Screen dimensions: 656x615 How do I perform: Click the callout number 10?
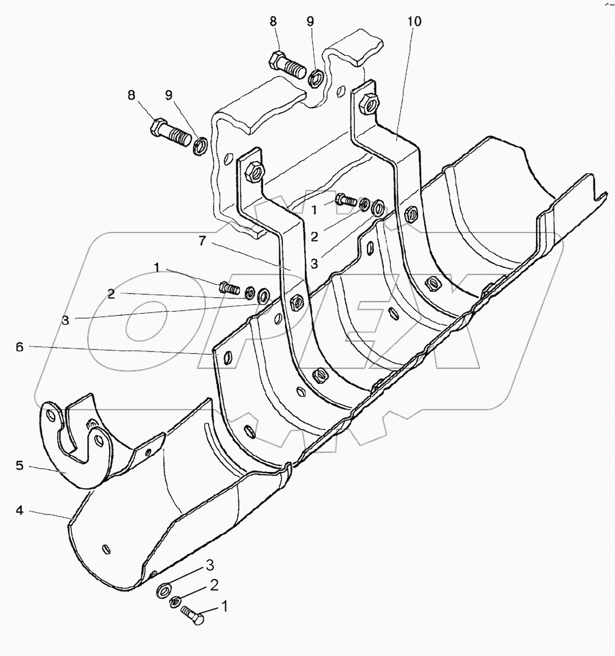click(x=414, y=22)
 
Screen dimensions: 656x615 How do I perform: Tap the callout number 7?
click(x=202, y=241)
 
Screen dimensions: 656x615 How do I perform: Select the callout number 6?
click(x=19, y=347)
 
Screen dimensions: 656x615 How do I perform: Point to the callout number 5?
click(x=19, y=466)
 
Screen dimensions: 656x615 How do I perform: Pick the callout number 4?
click(x=19, y=511)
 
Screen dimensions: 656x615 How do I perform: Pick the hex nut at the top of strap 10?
click(x=369, y=102)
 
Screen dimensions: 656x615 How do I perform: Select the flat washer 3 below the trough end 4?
click(x=163, y=589)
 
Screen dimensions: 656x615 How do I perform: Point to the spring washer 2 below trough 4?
click(x=175, y=601)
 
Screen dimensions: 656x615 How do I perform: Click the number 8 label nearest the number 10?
click(x=273, y=22)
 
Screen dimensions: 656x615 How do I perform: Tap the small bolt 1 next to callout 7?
click(x=230, y=288)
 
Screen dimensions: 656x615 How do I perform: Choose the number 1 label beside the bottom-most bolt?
click(x=224, y=607)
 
